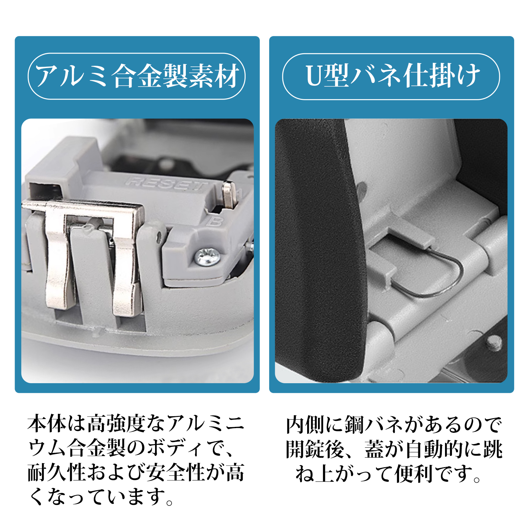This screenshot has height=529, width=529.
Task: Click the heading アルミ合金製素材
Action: coord(137,76)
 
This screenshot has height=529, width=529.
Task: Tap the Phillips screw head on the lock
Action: coord(207,257)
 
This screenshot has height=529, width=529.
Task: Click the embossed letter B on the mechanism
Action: coord(215,221)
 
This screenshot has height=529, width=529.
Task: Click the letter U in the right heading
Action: coord(313,76)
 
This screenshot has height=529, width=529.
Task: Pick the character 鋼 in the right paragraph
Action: coord(355,425)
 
